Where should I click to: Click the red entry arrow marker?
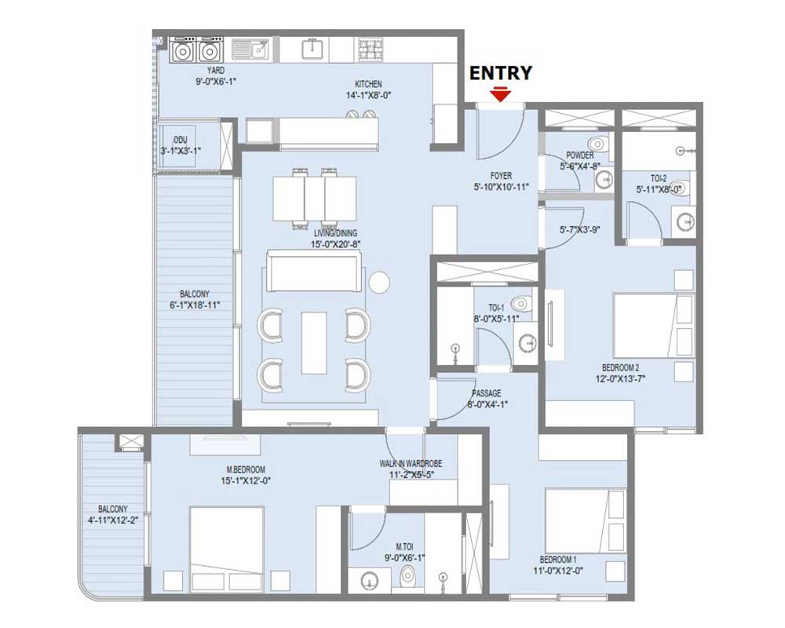(x=500, y=94)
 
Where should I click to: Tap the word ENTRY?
(x=500, y=73)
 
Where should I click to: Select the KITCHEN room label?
(x=368, y=84)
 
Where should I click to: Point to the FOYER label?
(x=501, y=176)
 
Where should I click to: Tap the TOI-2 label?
(x=659, y=178)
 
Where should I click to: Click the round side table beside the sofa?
(x=379, y=283)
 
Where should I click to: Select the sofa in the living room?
(x=313, y=270)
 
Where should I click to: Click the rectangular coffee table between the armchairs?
(x=314, y=343)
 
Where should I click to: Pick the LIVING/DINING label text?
(x=335, y=233)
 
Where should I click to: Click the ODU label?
(x=181, y=140)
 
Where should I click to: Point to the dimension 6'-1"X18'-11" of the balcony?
(x=195, y=305)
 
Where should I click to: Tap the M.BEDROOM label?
(x=246, y=469)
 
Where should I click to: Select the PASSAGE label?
(x=486, y=393)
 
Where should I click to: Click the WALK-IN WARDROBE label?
(x=411, y=464)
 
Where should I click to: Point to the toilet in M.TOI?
(x=408, y=578)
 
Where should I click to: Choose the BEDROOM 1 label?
(x=558, y=560)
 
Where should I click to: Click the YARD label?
(x=216, y=71)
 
